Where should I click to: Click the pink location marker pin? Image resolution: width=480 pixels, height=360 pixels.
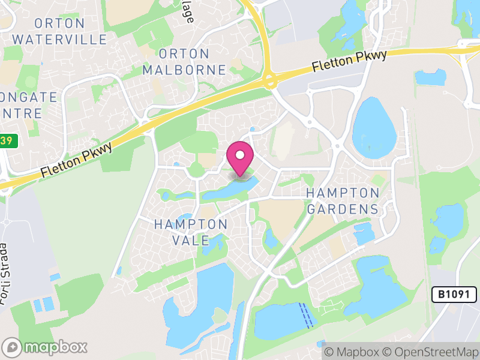240,158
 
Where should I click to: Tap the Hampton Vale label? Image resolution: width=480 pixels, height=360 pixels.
191,232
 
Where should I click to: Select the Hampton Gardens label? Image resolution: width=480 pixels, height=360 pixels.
343,201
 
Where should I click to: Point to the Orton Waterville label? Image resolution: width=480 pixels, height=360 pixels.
59,32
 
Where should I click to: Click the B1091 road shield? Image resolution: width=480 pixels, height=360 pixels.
454,295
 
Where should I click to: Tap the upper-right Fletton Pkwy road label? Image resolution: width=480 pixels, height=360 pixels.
350,62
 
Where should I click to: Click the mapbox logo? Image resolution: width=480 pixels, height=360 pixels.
46,347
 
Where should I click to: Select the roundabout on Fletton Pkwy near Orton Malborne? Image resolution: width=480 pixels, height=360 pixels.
269,80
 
